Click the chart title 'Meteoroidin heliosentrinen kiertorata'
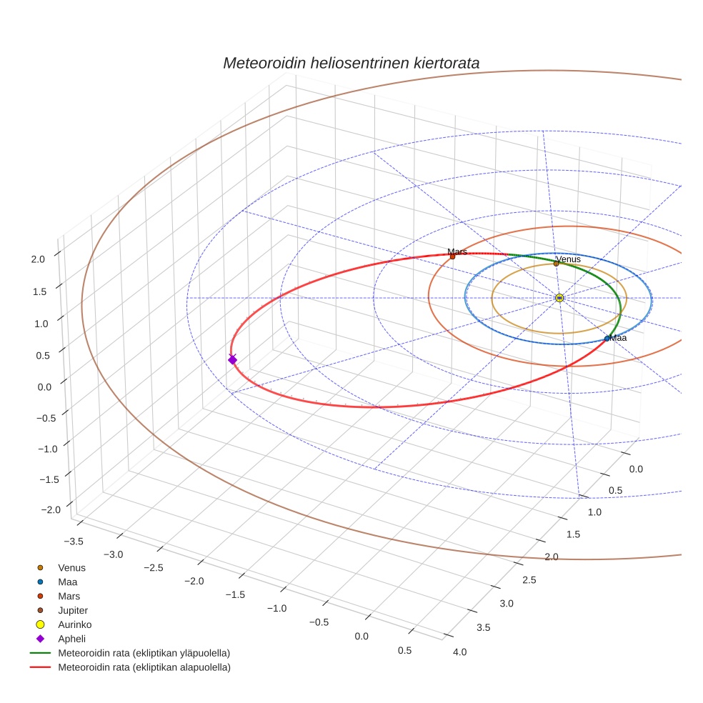point(351,63)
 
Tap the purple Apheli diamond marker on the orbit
point(232,359)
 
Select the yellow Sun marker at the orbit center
point(559,298)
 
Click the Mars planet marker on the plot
point(452,256)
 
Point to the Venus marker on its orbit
point(556,264)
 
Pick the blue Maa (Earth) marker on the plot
point(607,339)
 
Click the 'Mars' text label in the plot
point(457,251)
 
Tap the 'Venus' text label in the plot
point(568,259)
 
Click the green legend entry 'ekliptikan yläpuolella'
point(144,653)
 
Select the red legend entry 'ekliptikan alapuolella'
point(144,667)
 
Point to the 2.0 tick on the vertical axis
point(39,259)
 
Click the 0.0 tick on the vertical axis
point(44,387)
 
